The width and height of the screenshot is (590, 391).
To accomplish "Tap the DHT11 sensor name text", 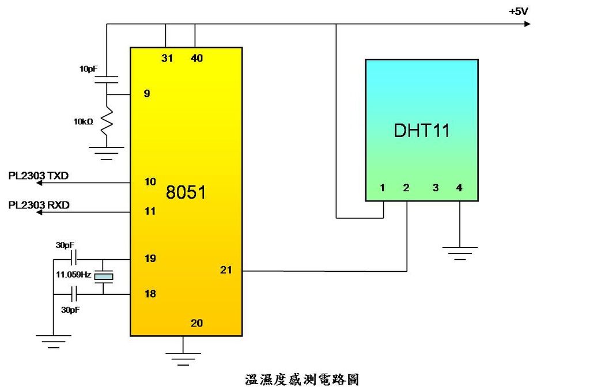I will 421,130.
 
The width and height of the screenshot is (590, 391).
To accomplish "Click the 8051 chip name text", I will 186,192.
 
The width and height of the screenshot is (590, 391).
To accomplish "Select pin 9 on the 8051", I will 147,93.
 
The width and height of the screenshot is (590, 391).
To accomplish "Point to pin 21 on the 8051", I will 226,269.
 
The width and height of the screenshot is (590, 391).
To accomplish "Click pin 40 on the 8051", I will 196,58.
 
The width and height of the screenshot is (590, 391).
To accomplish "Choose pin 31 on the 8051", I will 167,58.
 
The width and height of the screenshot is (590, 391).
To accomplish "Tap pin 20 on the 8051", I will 196,323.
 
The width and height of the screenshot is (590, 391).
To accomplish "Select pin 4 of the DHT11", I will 459,188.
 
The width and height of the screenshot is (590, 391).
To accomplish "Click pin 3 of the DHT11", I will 436,188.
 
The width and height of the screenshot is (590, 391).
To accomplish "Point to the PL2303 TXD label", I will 39,175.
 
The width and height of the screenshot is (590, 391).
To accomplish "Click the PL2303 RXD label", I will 39,204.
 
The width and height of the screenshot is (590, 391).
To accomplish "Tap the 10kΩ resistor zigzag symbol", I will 106,123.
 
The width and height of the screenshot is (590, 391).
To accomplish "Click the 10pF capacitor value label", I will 88,69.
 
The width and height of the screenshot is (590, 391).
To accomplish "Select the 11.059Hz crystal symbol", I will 104,277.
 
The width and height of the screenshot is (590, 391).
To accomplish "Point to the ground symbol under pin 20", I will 183,358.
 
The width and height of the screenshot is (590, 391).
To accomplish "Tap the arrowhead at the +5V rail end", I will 527,24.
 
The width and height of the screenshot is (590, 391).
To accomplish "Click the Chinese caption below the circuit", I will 302,379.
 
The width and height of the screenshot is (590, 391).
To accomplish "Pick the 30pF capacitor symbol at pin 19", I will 74,258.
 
